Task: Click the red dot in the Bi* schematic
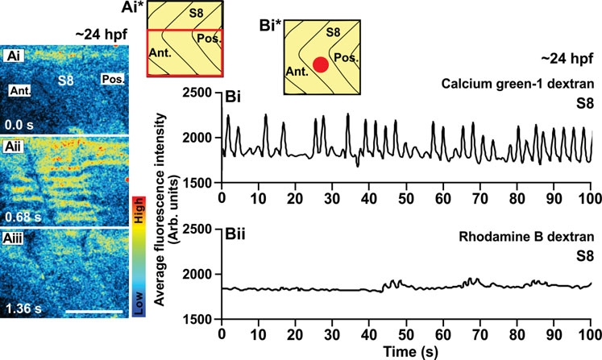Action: tap(321, 65)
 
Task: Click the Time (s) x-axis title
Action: tap(405, 351)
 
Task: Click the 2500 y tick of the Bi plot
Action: tap(198, 94)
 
